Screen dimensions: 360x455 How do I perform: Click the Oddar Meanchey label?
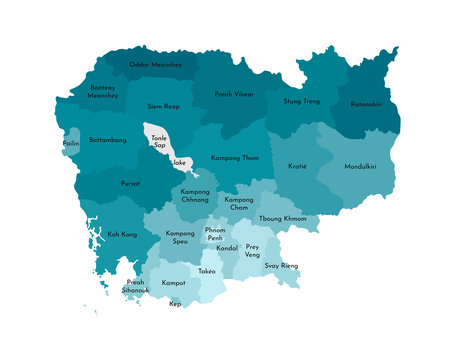(x=155, y=65)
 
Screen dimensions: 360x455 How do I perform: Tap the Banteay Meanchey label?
(x=102, y=92)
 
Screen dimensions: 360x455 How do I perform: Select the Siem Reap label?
(x=162, y=105)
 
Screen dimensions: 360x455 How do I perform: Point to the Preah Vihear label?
(x=234, y=94)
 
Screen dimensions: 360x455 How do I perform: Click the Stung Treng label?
(x=301, y=101)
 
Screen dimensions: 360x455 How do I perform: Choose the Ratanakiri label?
(x=367, y=104)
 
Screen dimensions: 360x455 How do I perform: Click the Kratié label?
(x=297, y=166)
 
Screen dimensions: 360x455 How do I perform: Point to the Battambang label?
(x=107, y=140)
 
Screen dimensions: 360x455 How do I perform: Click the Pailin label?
(x=71, y=144)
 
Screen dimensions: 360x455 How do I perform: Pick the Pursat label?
(x=130, y=184)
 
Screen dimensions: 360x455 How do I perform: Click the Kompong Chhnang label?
(x=195, y=196)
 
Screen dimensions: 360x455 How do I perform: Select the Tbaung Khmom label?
(x=282, y=218)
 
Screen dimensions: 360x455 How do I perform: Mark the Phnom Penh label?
(x=214, y=234)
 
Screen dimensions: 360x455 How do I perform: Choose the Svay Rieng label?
(x=281, y=265)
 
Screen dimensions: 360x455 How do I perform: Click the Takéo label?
(x=207, y=271)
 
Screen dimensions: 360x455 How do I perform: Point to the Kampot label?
(x=172, y=283)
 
